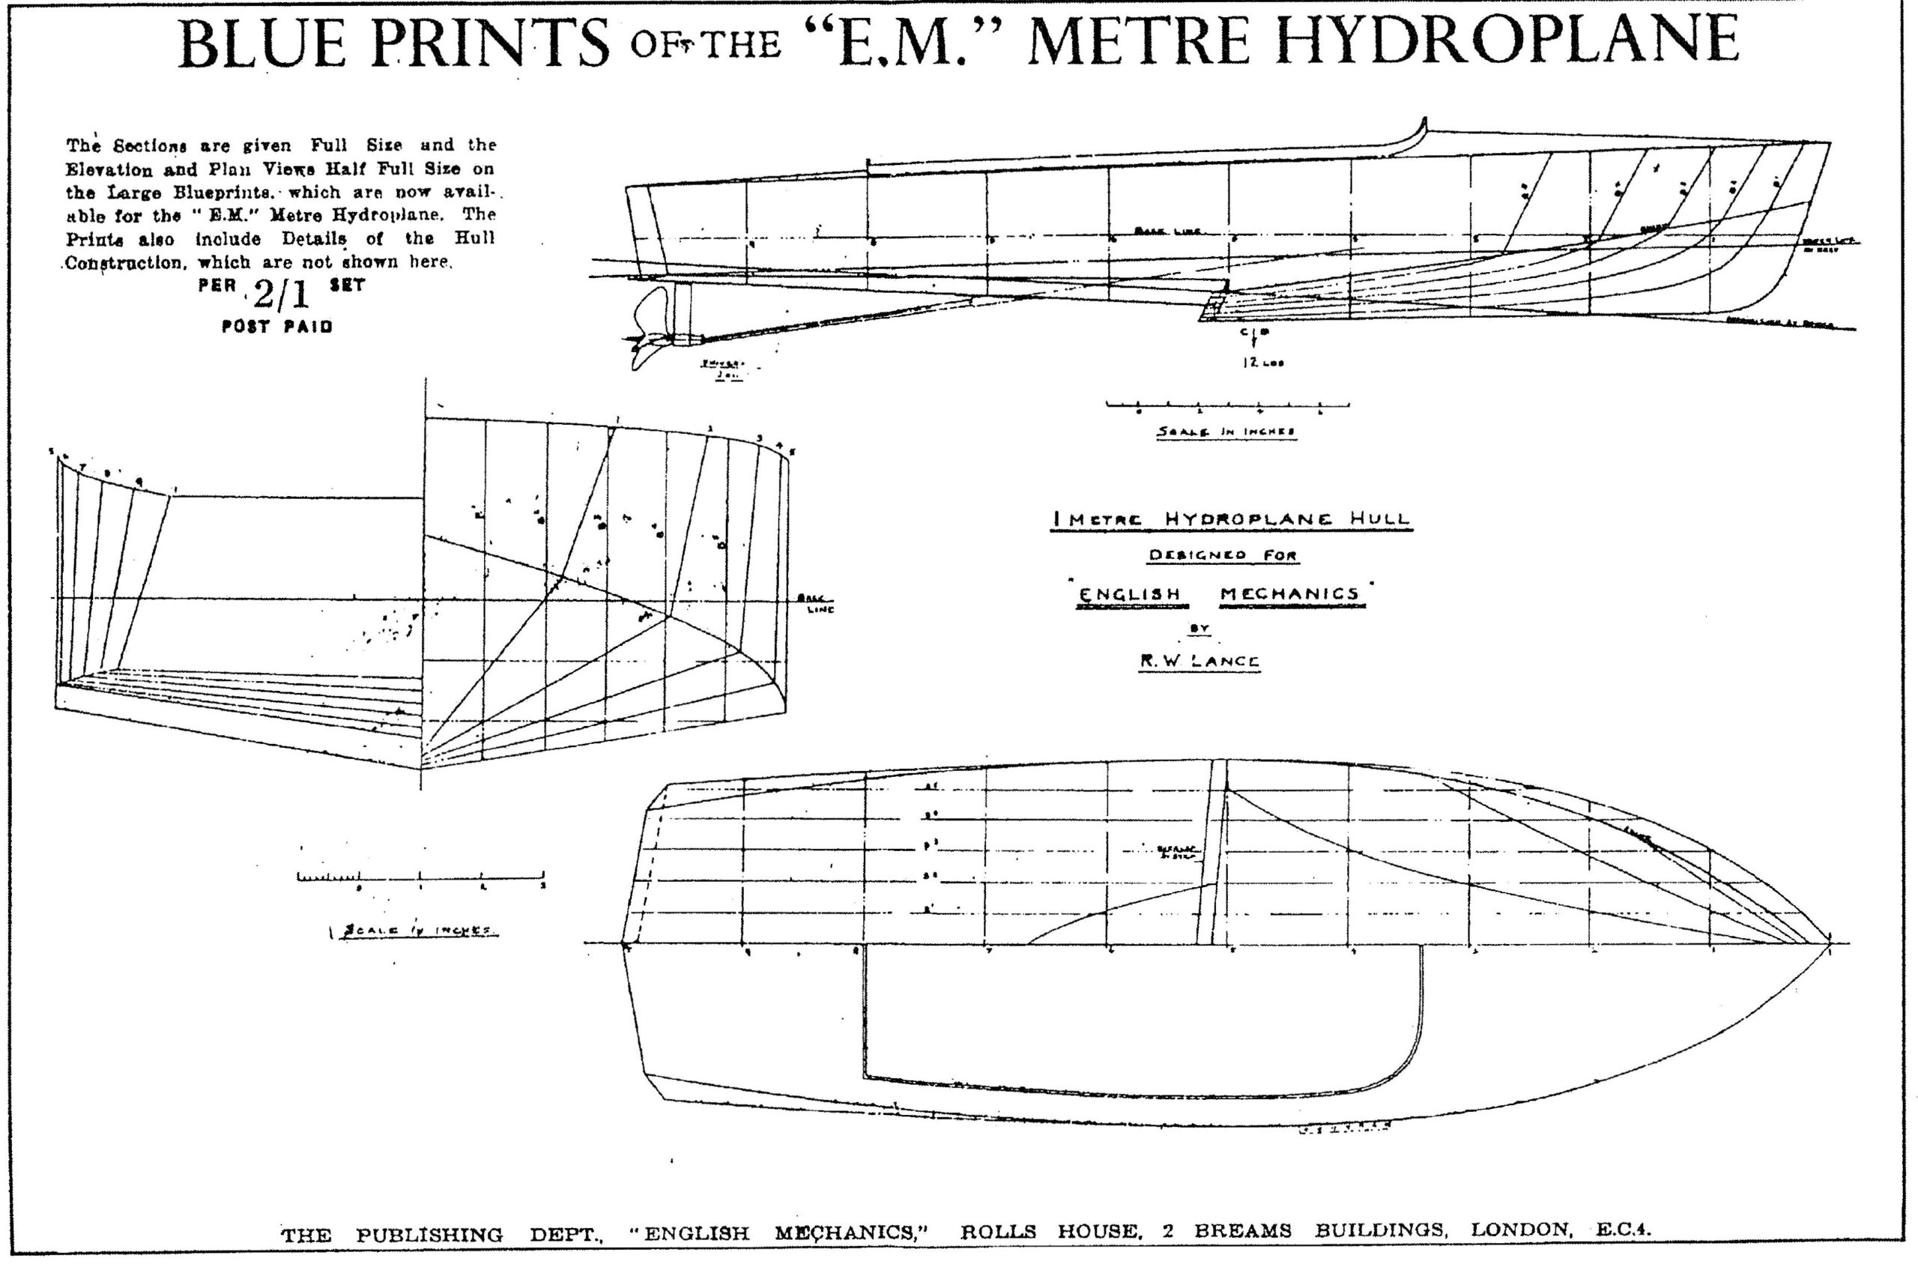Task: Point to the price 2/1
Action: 280,296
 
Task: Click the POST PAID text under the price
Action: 277,327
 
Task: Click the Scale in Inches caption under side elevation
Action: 1226,432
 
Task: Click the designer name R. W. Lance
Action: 1199,661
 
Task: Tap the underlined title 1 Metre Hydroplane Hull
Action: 1231,519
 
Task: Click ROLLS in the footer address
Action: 998,1232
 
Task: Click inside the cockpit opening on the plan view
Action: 1131,1018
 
